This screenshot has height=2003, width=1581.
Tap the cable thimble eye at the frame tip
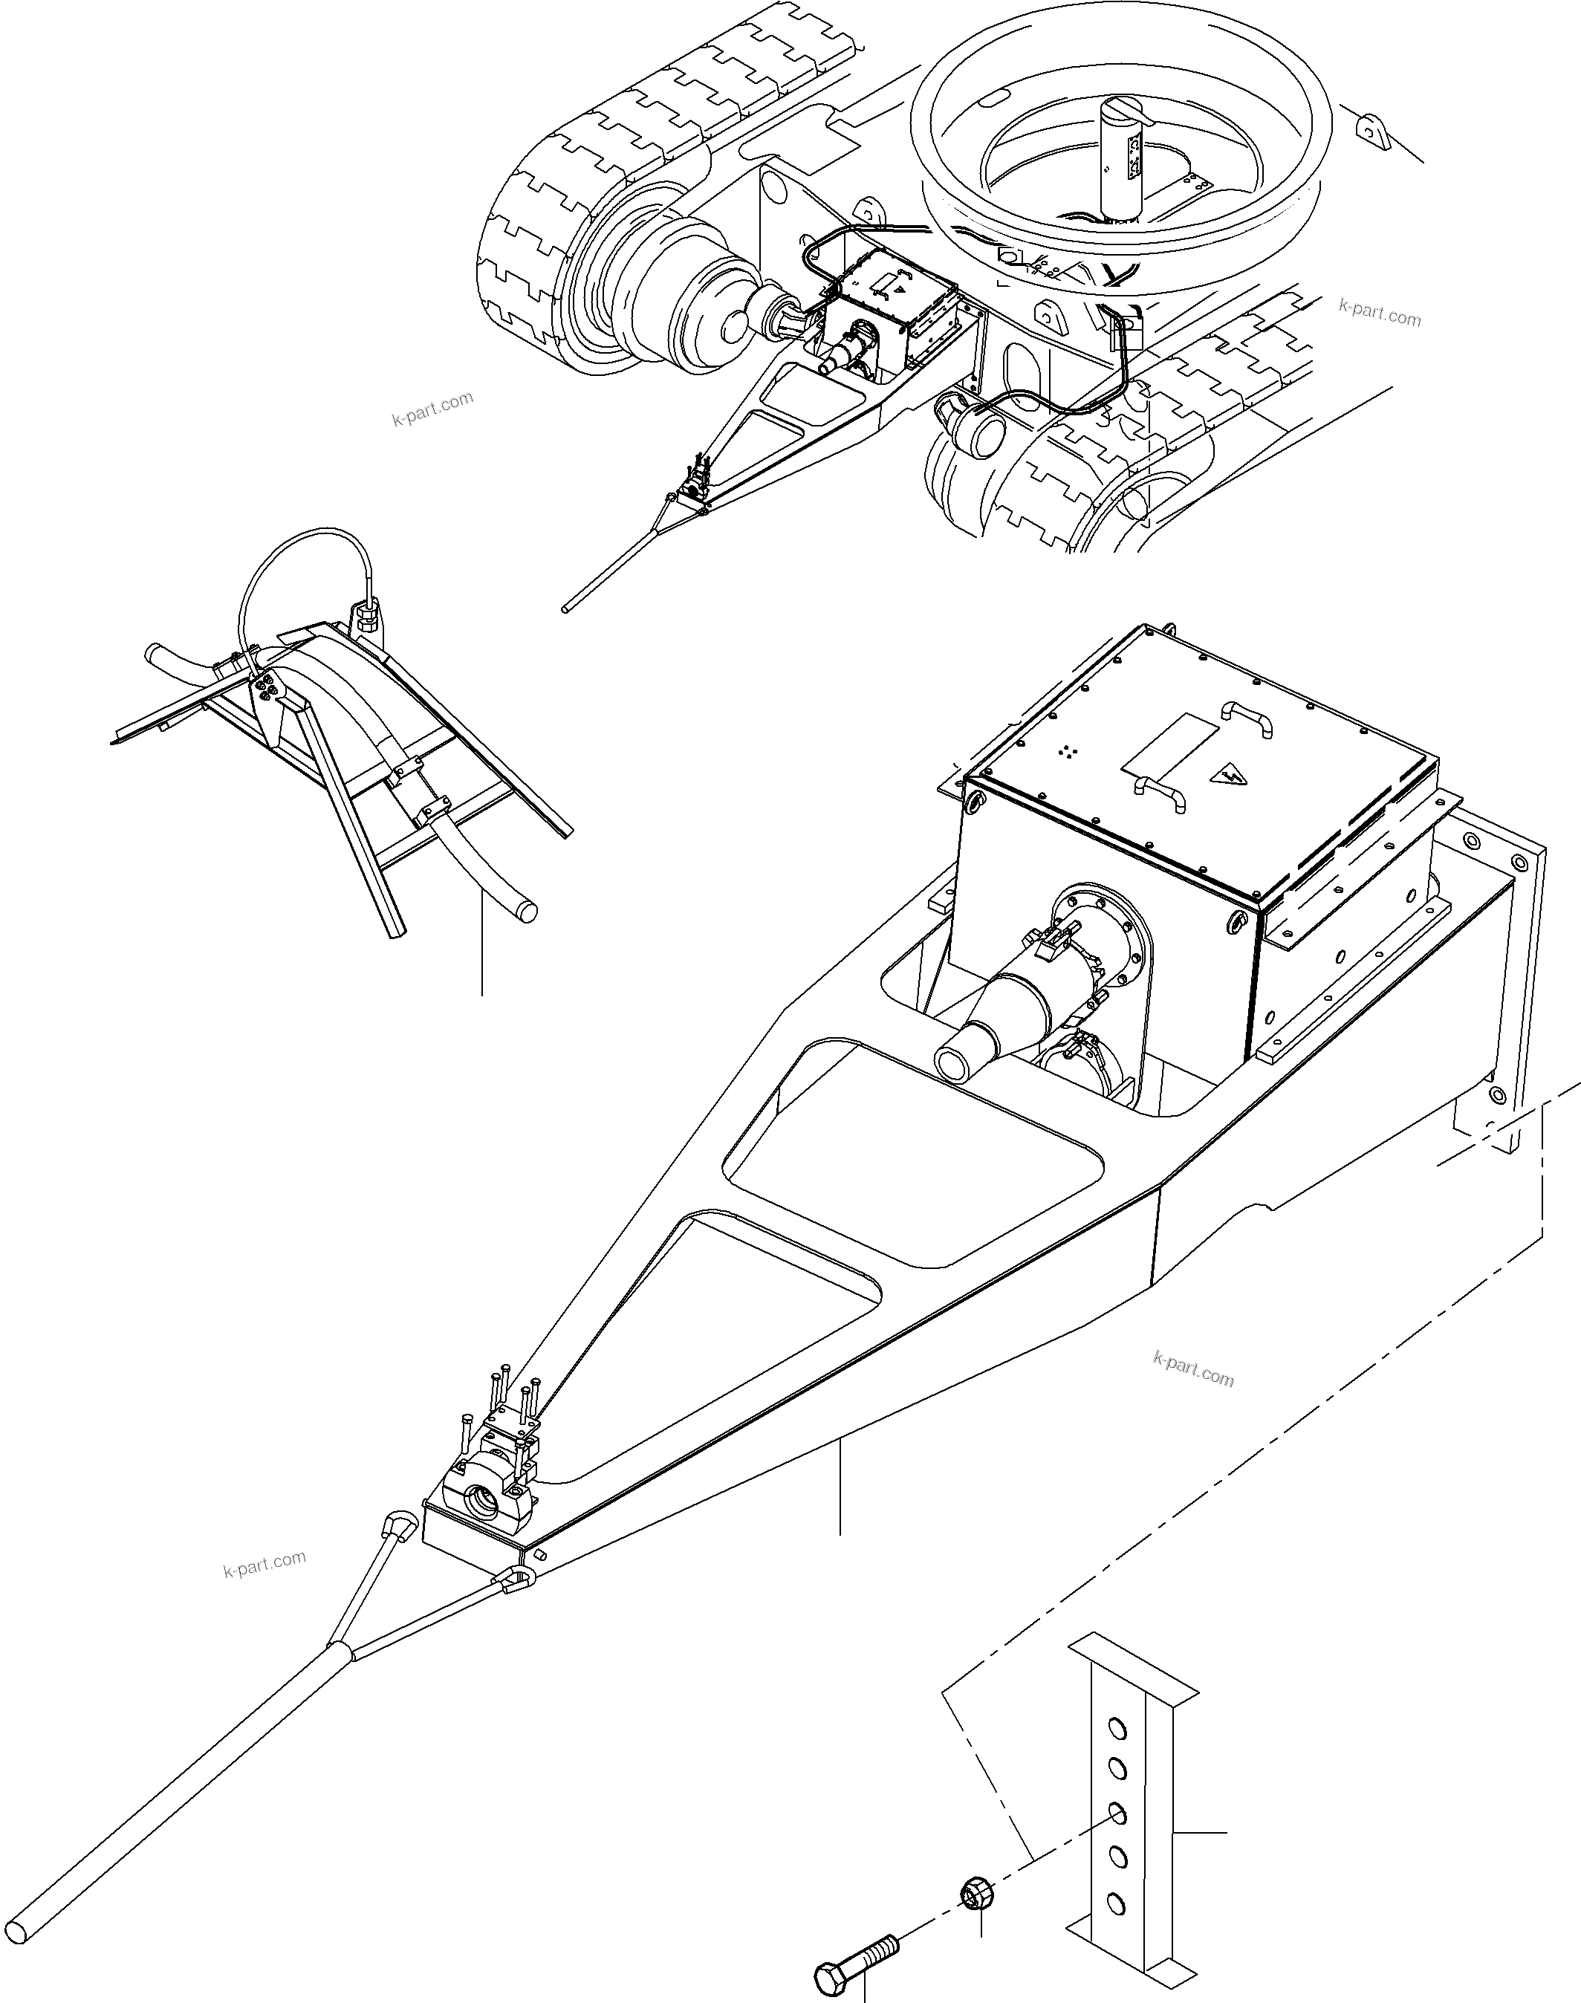[520, 1580]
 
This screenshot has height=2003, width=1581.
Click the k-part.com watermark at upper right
[1379, 312]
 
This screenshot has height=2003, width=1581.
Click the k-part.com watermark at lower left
[264, 1563]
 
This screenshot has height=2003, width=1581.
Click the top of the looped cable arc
[305, 534]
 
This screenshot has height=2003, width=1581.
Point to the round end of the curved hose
[527, 911]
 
